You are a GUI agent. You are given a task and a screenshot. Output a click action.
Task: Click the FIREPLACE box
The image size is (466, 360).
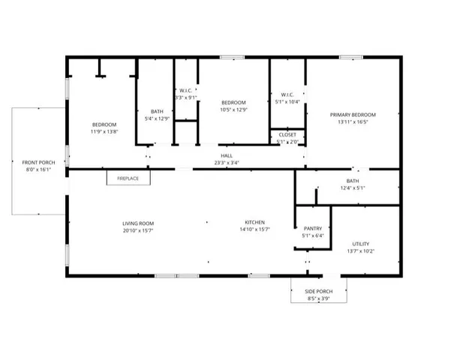128,178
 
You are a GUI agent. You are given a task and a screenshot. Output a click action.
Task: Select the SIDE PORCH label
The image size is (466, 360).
319,291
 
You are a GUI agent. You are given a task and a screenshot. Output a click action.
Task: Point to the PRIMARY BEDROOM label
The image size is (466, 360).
353,115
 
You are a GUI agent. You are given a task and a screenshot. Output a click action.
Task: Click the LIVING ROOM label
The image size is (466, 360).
138,223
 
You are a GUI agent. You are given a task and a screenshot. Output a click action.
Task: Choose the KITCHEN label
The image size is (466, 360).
255,223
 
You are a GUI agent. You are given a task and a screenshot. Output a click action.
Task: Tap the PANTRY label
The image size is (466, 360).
312,229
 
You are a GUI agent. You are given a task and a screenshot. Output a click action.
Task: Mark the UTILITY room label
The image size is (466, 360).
360,244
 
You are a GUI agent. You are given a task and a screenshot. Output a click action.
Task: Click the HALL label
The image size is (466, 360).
226,155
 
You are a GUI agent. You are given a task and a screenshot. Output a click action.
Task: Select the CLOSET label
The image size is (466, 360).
287,135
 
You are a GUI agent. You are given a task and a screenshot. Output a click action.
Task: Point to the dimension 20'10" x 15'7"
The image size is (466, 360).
138,230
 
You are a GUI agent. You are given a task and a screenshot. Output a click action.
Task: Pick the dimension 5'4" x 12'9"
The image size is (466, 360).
157,118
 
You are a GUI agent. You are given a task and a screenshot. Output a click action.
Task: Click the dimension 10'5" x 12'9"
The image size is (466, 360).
233,109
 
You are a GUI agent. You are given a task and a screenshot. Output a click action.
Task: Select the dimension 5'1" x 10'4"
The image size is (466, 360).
287,102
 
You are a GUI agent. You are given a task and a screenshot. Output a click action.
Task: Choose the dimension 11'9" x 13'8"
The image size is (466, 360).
104,131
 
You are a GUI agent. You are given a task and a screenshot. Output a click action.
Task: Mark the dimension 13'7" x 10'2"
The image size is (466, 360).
360,251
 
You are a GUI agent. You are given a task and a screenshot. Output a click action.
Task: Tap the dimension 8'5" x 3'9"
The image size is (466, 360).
319,298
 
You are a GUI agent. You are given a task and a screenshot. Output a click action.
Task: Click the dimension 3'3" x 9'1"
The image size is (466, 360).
186,97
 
